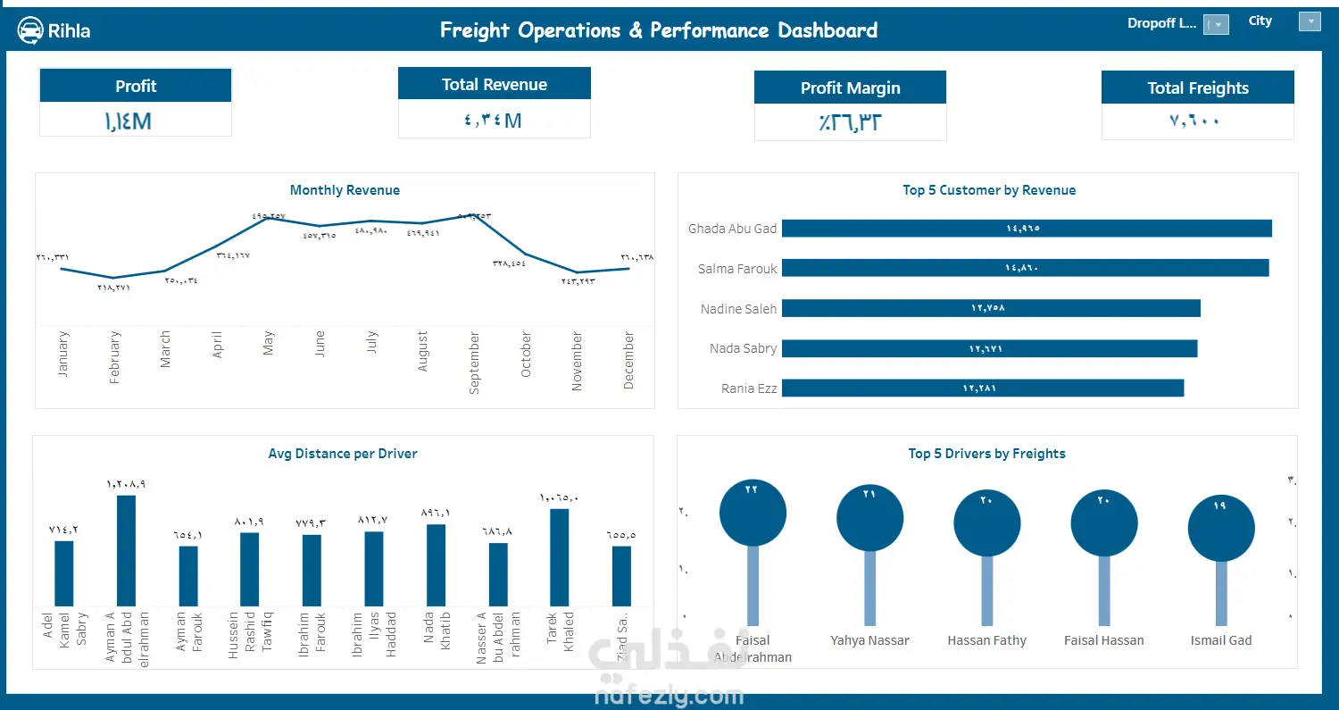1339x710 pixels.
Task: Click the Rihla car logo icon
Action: [x=31, y=30]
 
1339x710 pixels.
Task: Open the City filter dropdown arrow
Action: [x=1310, y=21]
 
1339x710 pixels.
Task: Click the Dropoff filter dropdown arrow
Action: [x=1217, y=25]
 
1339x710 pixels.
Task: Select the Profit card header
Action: [x=136, y=86]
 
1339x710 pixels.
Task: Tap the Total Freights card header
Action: [x=1197, y=88]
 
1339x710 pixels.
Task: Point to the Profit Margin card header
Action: [x=850, y=88]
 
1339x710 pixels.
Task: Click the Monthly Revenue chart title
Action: [x=345, y=190]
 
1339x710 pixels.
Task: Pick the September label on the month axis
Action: [x=474, y=363]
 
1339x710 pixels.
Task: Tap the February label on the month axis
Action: [x=114, y=357]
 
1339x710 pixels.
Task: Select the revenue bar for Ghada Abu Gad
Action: [x=1027, y=229]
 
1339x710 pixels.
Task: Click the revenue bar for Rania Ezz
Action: [x=982, y=388]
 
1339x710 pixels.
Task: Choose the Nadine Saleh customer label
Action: [x=738, y=309]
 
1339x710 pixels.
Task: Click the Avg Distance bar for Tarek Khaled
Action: [x=560, y=558]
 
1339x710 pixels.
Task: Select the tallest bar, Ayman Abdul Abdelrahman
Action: [x=126, y=551]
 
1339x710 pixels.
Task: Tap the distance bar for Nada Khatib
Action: [x=436, y=565]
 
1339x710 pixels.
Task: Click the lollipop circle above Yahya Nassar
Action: [x=869, y=518]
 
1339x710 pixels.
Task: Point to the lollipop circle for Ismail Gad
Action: [x=1221, y=529]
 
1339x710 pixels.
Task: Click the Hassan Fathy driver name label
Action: [x=986, y=640]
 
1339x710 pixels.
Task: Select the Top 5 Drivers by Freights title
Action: [x=986, y=454]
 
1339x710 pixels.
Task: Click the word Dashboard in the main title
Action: [x=828, y=30]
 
